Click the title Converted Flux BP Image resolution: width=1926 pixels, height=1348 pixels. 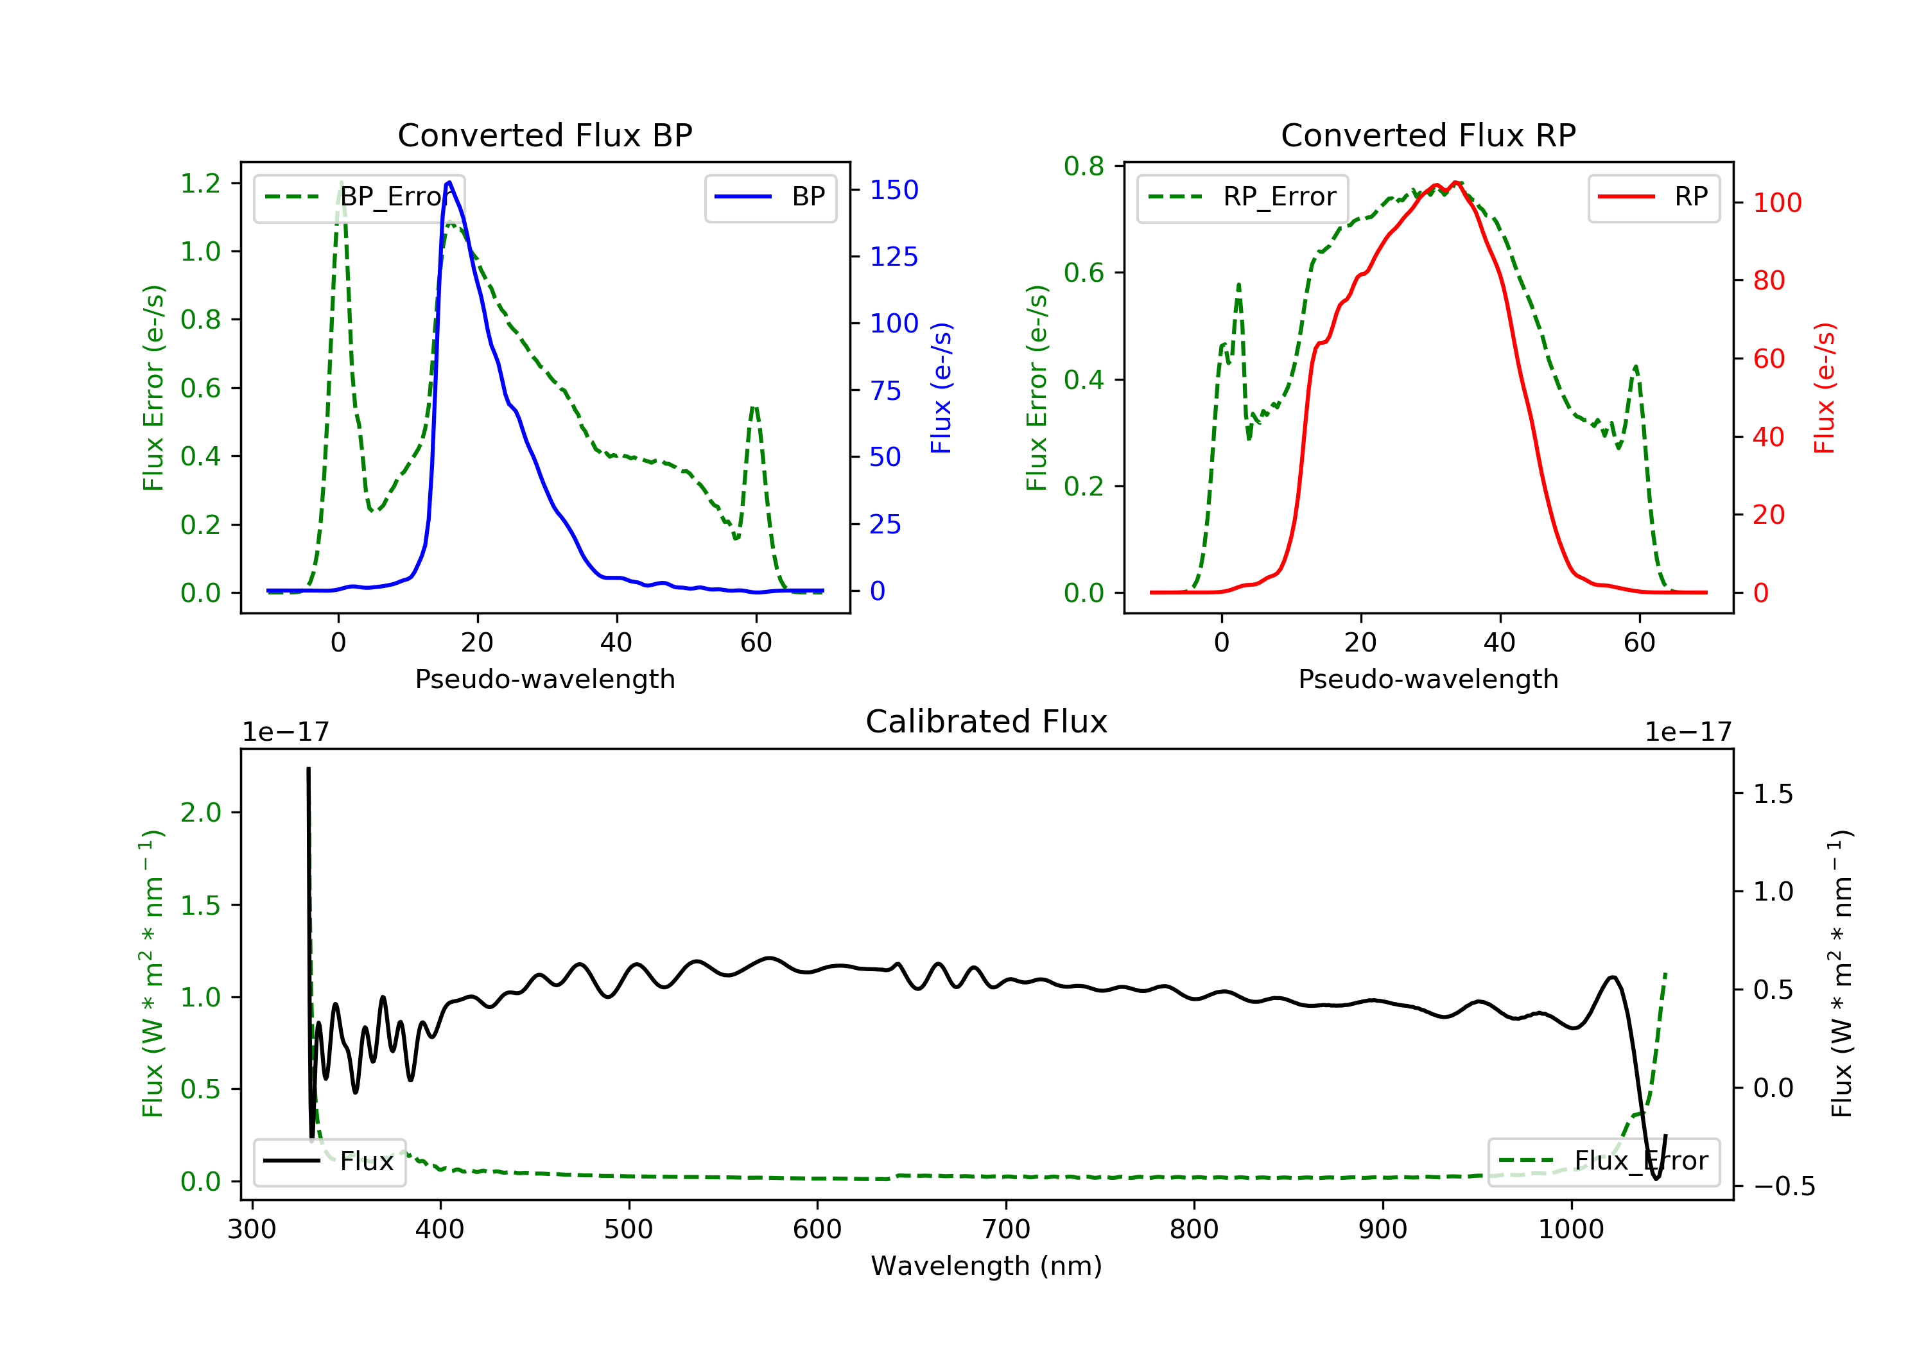544,135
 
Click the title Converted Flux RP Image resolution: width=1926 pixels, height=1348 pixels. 1428,135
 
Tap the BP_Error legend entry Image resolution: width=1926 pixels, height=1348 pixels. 359,197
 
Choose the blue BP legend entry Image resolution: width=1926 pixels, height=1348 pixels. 770,197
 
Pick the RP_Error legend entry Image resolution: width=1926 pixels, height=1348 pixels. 1242,197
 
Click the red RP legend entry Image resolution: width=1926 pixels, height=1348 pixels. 1653,197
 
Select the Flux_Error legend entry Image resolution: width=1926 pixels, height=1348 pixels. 1603,1161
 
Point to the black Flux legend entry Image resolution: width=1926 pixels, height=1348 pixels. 330,1161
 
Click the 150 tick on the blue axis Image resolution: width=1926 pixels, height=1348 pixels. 894,191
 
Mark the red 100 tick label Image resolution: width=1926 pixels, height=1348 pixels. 1776,202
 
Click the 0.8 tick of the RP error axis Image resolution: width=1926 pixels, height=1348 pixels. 1084,166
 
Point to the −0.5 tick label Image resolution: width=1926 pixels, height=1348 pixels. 1783,1186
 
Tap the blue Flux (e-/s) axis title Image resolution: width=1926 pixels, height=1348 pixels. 941,388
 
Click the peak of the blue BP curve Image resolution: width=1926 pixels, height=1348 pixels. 449,182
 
